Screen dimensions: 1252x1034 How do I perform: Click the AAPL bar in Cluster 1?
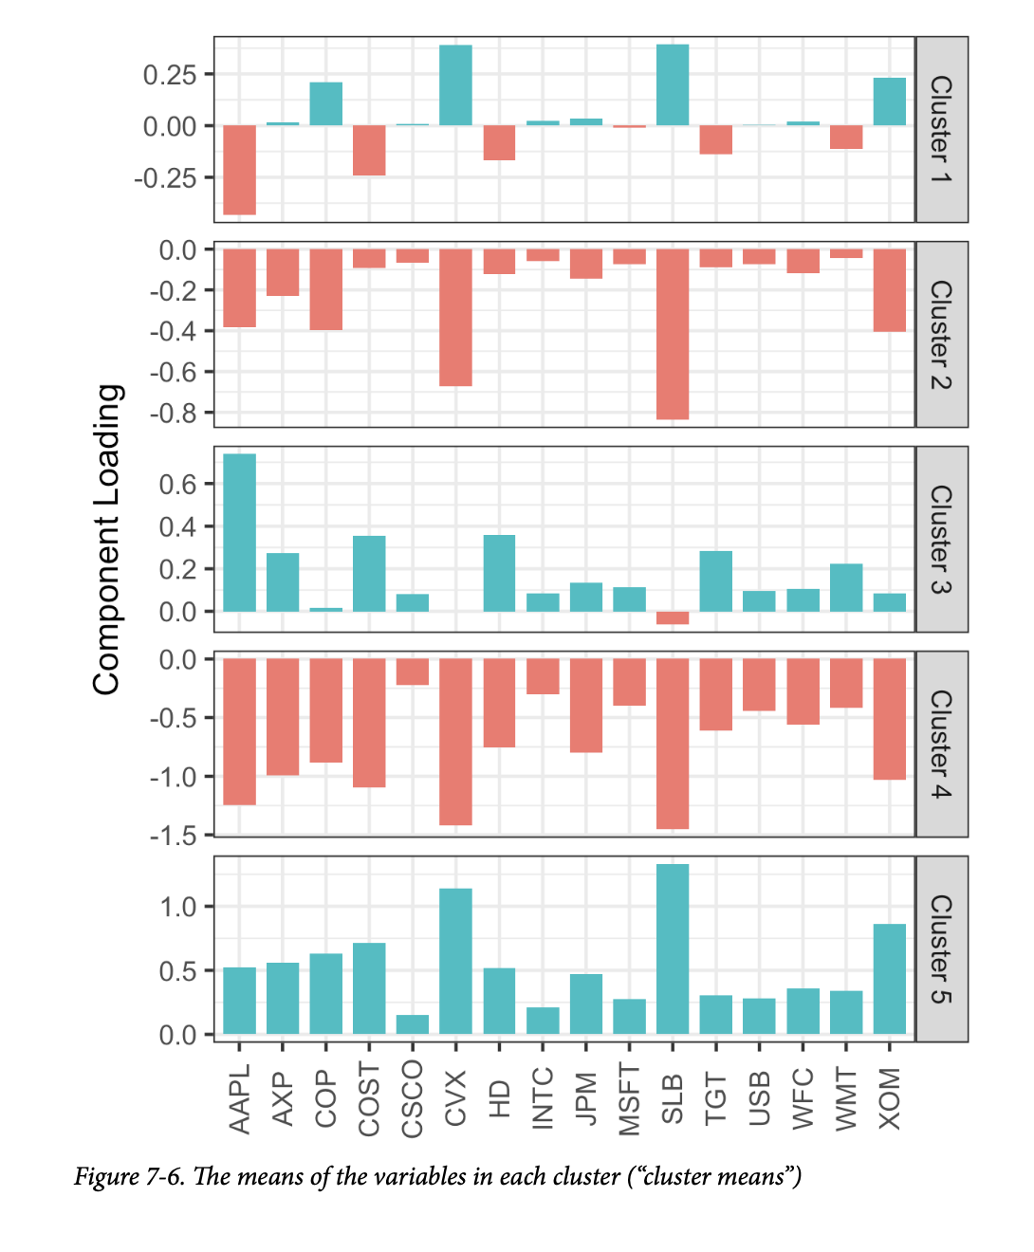(239, 170)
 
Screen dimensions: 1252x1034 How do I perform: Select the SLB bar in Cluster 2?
(673, 334)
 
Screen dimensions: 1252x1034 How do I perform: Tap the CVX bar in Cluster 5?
(455, 961)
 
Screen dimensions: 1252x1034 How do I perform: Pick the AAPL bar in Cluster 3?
(239, 533)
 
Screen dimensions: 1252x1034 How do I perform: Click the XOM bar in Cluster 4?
(890, 719)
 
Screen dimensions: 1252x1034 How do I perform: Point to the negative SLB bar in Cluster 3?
(673, 617)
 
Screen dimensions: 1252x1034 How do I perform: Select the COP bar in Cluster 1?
(326, 104)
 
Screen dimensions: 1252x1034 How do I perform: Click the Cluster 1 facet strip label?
(941, 130)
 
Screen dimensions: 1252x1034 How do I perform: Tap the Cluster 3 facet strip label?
(941, 540)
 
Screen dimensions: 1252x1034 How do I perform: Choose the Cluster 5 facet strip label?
(941, 949)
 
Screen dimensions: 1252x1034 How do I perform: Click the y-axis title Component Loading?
(108, 539)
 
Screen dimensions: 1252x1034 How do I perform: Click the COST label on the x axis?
(369, 1099)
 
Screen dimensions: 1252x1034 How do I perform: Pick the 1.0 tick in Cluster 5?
(178, 907)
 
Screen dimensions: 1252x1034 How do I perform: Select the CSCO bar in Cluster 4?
(413, 672)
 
